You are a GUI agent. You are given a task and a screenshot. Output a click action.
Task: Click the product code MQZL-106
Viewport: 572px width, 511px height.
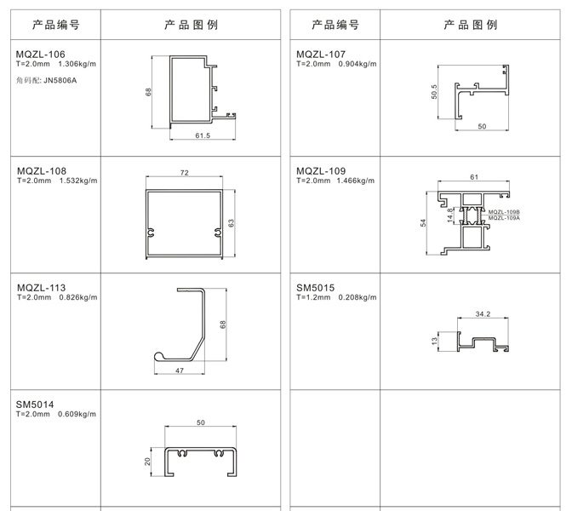tap(41, 55)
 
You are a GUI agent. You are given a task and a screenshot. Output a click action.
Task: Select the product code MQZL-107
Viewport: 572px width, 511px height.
tap(321, 55)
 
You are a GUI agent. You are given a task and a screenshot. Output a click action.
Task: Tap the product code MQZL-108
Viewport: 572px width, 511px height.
tap(42, 171)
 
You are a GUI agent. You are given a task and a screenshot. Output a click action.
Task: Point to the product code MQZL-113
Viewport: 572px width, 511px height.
tap(41, 288)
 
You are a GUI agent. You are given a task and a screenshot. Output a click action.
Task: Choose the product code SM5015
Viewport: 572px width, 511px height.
tap(315, 288)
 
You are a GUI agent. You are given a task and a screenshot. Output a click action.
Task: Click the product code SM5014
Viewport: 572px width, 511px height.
tap(35, 405)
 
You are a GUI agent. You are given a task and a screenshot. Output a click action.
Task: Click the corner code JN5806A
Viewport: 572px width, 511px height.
tap(60, 81)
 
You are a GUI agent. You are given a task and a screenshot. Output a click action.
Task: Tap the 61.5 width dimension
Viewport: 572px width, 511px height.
tap(203, 135)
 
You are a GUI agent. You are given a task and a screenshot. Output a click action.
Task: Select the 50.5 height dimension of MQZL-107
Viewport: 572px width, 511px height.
tap(434, 92)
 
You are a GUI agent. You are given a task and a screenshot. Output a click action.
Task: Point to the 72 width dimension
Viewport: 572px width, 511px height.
tap(185, 173)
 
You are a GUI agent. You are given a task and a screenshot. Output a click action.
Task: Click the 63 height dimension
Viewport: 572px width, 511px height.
tap(231, 223)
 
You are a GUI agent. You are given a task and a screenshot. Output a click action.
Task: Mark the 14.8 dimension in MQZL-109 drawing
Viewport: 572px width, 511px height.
tap(450, 215)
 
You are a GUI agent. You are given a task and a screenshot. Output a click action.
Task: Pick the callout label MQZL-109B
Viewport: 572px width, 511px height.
tap(504, 212)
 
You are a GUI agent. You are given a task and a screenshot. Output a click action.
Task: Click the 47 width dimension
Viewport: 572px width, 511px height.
tap(180, 370)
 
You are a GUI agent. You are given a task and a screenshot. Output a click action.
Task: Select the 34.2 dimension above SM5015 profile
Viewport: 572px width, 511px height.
tap(483, 314)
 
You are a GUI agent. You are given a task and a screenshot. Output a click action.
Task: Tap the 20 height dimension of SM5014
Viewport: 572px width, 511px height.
tap(147, 462)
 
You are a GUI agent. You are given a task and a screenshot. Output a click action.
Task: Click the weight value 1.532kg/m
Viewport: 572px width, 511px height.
tap(78, 181)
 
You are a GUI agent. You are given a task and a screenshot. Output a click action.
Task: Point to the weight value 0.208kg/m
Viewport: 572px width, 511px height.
tap(357, 297)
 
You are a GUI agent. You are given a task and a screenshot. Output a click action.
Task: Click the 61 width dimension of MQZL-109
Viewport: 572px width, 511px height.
tap(474, 177)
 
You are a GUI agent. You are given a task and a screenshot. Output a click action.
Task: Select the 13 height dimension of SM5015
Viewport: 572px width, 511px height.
tap(434, 341)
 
